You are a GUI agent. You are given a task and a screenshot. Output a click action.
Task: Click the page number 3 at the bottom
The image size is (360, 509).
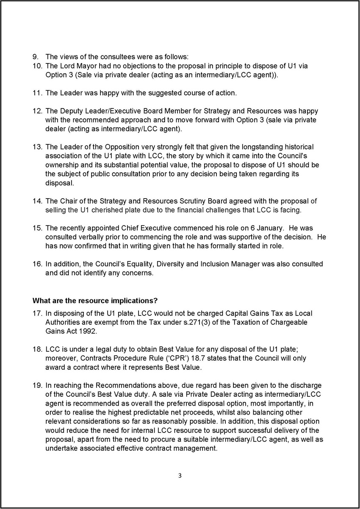180,476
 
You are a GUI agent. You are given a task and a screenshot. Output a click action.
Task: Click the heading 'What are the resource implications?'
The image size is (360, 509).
95,301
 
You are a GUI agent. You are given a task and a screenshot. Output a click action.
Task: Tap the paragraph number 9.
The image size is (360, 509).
36,57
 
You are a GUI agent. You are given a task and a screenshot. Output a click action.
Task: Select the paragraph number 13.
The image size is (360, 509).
37,147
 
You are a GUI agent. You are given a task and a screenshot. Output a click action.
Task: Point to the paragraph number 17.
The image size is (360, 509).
37,313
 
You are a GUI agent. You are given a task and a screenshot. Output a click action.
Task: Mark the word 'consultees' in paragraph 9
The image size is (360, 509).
100,57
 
